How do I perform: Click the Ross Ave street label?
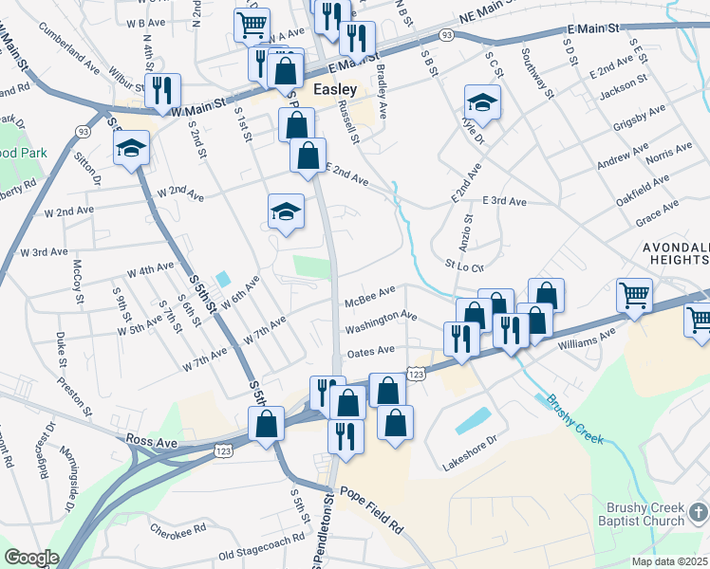pos(152,441)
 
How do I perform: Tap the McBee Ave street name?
pos(370,297)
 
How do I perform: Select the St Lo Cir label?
pos(465,267)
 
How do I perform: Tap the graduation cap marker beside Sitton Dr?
pos(132,147)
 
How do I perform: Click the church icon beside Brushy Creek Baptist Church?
pos(698,513)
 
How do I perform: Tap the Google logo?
pos(31,558)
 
